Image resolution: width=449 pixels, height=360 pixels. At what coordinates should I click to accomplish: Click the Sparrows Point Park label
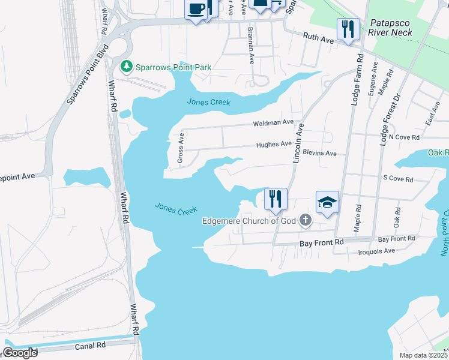point(173,67)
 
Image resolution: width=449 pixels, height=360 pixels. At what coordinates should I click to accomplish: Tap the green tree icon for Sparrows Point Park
point(126,67)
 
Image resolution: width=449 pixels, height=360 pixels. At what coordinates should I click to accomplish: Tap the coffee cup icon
point(196,9)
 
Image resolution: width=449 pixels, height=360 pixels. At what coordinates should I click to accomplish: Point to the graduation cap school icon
point(327,203)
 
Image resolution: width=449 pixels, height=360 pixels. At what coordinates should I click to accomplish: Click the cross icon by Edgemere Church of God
point(306,220)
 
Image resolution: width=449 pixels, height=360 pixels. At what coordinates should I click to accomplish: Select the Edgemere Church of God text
point(249,221)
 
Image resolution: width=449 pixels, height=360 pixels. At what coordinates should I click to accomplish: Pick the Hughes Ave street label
point(274,145)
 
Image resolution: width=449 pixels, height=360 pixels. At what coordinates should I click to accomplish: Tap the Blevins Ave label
point(319,153)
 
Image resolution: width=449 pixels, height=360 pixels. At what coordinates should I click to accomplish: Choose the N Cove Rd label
point(403,137)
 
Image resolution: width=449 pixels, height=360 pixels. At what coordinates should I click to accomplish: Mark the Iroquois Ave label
point(376,250)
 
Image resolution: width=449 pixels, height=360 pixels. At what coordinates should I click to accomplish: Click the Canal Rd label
point(90,346)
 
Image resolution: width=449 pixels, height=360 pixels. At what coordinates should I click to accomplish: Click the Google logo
point(19,353)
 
